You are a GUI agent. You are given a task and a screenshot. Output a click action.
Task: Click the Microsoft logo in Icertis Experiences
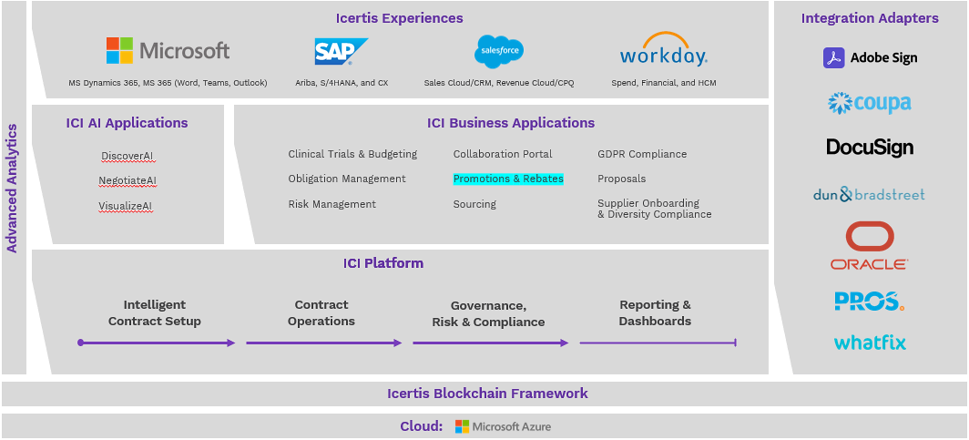pyautogui.click(x=168, y=50)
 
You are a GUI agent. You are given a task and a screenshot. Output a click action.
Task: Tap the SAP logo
pyautogui.click(x=340, y=52)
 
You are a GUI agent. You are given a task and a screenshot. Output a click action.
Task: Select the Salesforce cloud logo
pyautogui.click(x=498, y=50)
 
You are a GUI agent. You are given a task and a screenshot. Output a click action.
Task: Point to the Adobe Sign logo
pyautogui.click(x=870, y=57)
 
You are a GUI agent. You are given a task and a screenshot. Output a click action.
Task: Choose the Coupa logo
pyautogui.click(x=869, y=102)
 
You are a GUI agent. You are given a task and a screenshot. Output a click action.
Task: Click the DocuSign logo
pyautogui.click(x=870, y=147)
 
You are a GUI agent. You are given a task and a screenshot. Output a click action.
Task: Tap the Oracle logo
pyautogui.click(x=869, y=247)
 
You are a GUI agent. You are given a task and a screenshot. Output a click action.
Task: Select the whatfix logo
pyautogui.click(x=870, y=343)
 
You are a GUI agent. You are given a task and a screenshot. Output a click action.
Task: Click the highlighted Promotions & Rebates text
pyautogui.click(x=508, y=179)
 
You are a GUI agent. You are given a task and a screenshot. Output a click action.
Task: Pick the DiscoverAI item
pyautogui.click(x=127, y=156)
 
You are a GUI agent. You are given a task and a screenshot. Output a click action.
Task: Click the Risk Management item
pyautogui.click(x=331, y=204)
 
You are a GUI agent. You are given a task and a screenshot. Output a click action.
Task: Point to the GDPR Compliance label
pyautogui.click(x=642, y=154)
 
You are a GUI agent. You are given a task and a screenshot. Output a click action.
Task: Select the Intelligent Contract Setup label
pyautogui.click(x=155, y=312)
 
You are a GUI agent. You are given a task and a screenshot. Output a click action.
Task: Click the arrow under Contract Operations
pyautogui.click(x=323, y=343)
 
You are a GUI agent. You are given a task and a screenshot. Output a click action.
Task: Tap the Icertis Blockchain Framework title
pyautogui.click(x=487, y=394)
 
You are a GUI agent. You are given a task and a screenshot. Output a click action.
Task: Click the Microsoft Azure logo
pyautogui.click(x=503, y=426)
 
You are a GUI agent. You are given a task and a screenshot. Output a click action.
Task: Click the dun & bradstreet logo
pyautogui.click(x=869, y=194)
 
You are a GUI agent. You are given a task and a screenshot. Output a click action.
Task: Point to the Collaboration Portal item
pyautogui.click(x=503, y=154)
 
